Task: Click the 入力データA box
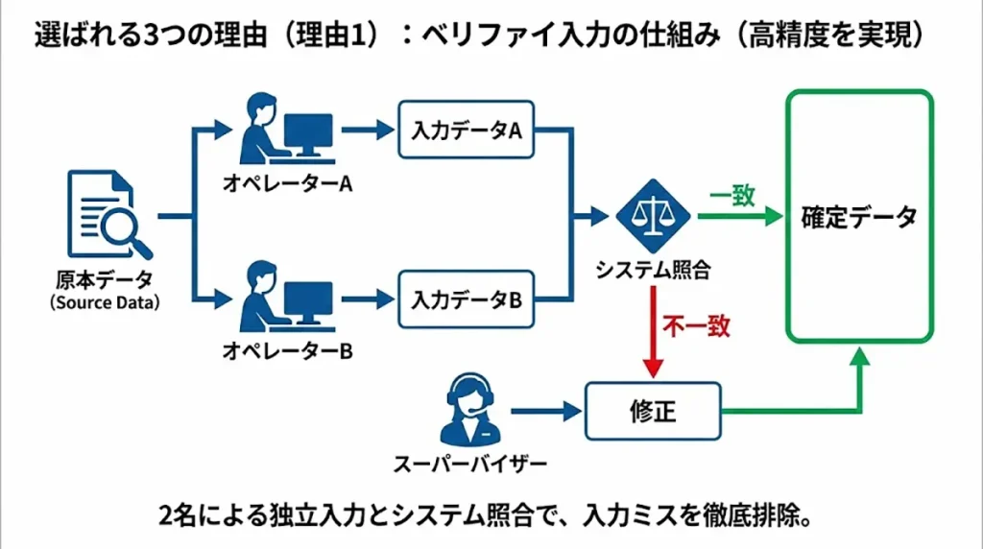pos(466,131)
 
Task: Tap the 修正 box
pos(653,412)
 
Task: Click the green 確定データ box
pos(859,216)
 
